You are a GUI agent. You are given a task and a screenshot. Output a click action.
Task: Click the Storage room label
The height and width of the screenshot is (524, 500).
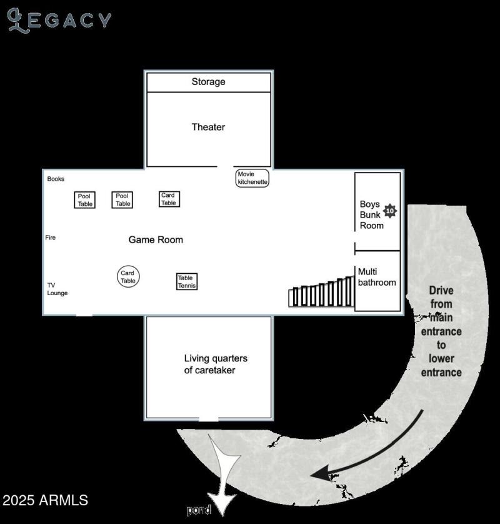click(208, 82)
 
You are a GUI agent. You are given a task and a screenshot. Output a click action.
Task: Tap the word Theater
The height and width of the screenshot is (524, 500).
click(208, 127)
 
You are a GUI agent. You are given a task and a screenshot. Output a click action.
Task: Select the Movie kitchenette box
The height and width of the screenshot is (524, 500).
click(252, 178)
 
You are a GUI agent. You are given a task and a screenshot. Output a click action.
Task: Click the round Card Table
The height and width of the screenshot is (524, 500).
click(127, 276)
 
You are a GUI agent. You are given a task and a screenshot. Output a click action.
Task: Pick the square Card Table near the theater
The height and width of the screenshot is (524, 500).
click(169, 199)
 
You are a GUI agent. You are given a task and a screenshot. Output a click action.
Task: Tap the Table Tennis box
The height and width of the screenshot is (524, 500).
click(186, 281)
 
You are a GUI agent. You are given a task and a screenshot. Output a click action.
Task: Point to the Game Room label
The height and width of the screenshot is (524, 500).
click(156, 239)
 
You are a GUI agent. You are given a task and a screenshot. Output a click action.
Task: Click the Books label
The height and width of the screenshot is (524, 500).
click(56, 179)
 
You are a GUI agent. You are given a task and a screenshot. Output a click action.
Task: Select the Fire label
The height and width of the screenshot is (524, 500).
click(51, 238)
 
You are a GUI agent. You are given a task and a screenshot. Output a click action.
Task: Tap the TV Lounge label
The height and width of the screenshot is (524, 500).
click(57, 289)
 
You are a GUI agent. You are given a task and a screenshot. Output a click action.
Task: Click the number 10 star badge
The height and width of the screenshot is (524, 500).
click(390, 211)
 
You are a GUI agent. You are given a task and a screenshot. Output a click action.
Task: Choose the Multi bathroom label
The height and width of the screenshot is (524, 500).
click(376, 277)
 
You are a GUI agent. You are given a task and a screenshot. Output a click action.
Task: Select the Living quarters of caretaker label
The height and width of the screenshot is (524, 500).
click(215, 364)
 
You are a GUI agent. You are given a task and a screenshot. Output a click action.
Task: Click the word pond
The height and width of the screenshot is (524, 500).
click(199, 510)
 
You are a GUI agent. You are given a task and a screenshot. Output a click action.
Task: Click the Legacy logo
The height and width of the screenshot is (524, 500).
click(59, 20)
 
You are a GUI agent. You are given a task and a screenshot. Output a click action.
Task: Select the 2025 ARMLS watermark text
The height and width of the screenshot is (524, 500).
click(45, 500)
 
